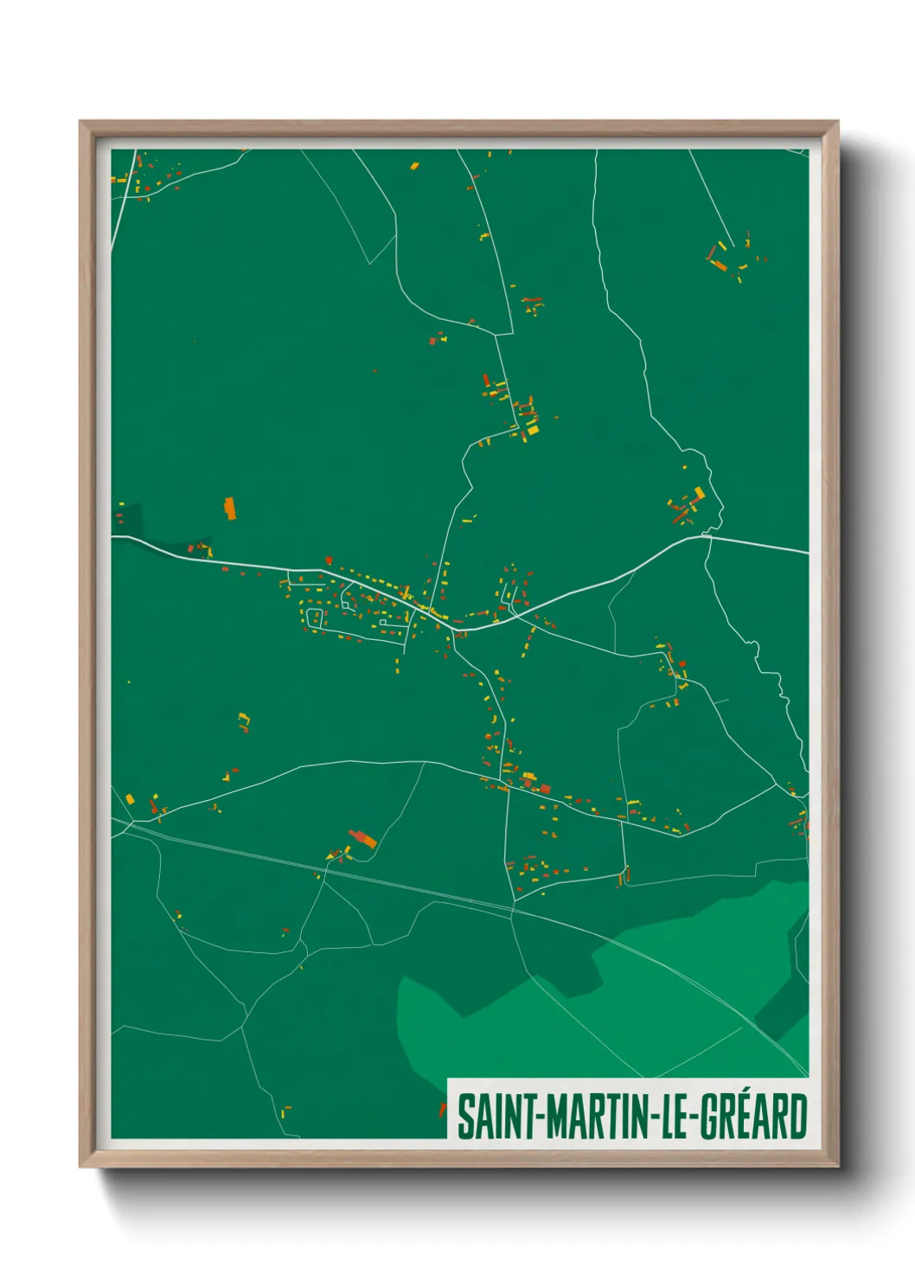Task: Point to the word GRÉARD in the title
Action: tap(753, 1117)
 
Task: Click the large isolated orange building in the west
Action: tap(230, 509)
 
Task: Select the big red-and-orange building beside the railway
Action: tap(363, 838)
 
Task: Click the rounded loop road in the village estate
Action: tap(314, 618)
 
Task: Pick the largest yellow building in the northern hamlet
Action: tap(533, 430)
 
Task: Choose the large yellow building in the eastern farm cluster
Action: tap(700, 493)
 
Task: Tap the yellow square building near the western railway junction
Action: tap(130, 798)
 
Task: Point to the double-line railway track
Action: tap(432, 891)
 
